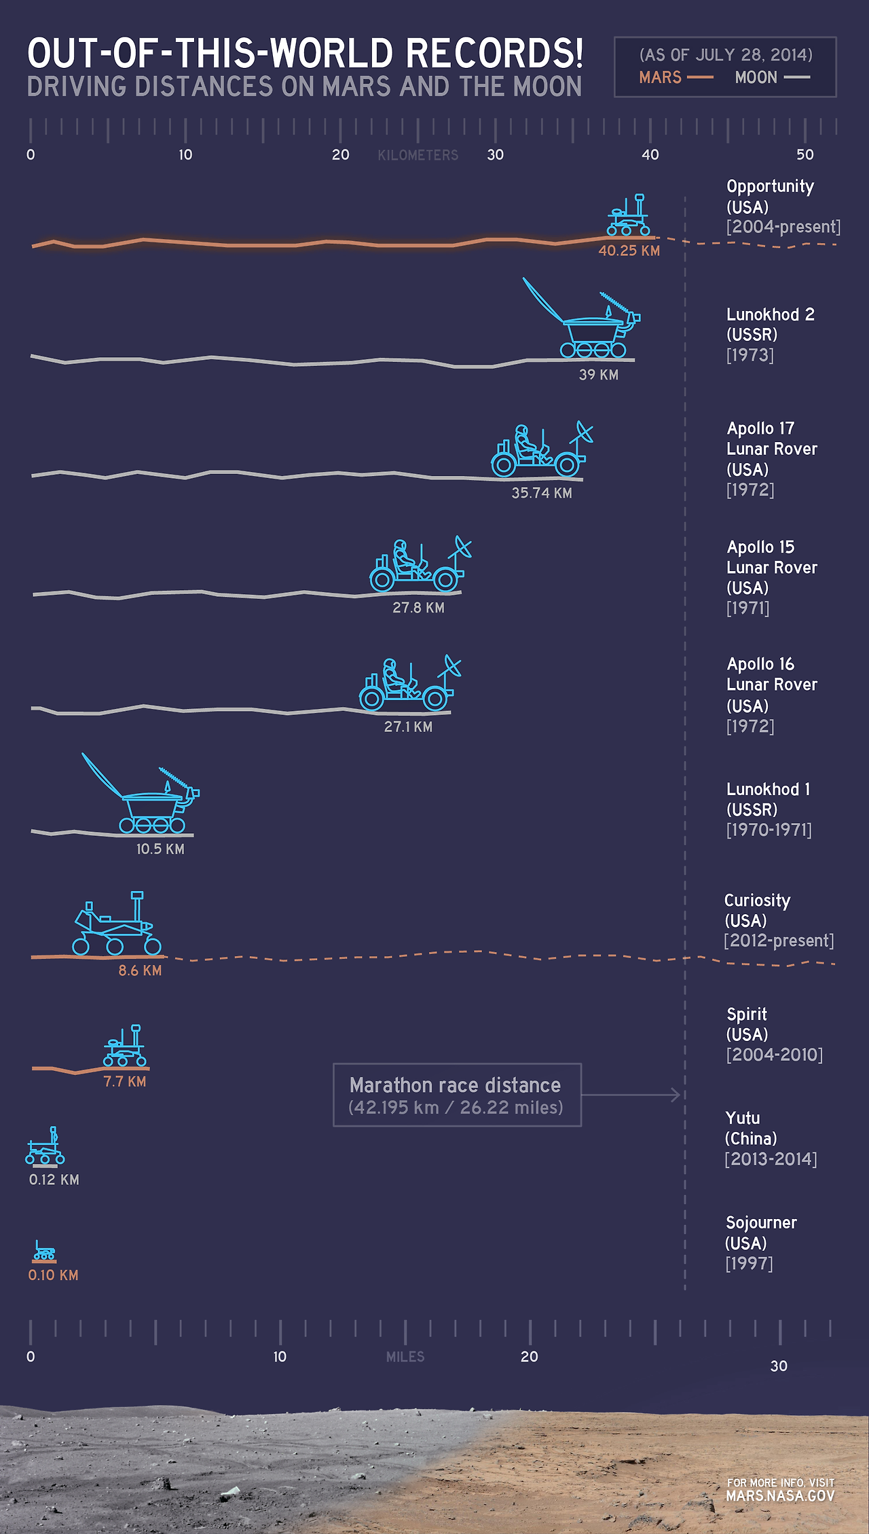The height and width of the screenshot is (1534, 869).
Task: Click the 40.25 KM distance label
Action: pyautogui.click(x=629, y=251)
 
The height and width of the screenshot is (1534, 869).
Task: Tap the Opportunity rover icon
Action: pyautogui.click(x=629, y=216)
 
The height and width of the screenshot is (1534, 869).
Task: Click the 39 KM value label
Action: pyautogui.click(x=598, y=375)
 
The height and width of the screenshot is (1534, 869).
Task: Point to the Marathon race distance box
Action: pyautogui.click(x=457, y=1095)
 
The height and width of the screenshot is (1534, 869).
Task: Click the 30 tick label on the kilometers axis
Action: pyautogui.click(x=495, y=155)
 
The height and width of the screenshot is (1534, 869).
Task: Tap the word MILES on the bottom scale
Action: pyautogui.click(x=405, y=1357)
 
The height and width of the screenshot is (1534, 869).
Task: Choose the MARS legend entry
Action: pyautogui.click(x=661, y=77)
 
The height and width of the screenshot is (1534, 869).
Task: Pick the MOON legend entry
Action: pyautogui.click(x=756, y=77)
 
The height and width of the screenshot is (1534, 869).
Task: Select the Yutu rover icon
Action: pyautogui.click(x=45, y=1147)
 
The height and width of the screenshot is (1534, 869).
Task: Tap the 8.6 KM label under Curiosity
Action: pyautogui.click(x=140, y=970)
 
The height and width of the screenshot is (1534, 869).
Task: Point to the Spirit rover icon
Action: pyautogui.click(x=125, y=1046)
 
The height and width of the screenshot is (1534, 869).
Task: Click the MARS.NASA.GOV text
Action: pyautogui.click(x=780, y=1495)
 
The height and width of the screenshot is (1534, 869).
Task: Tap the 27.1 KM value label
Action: pyautogui.click(x=408, y=727)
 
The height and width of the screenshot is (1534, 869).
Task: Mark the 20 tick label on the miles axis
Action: pyautogui.click(x=529, y=1357)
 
